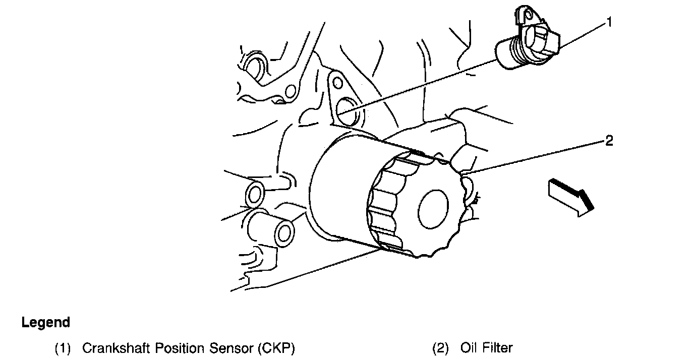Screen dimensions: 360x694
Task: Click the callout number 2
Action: tap(609, 141)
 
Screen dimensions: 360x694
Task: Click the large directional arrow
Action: tap(570, 198)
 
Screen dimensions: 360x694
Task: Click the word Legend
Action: tap(45, 322)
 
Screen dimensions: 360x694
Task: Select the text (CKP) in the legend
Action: tap(276, 348)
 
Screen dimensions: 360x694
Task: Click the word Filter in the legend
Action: tap(497, 348)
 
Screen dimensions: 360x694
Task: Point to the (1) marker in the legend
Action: tap(63, 348)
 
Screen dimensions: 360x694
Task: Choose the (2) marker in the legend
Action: tap(441, 348)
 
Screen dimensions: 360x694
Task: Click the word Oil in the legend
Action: tap(469, 348)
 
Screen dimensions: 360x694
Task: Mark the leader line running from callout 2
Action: tap(535, 156)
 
